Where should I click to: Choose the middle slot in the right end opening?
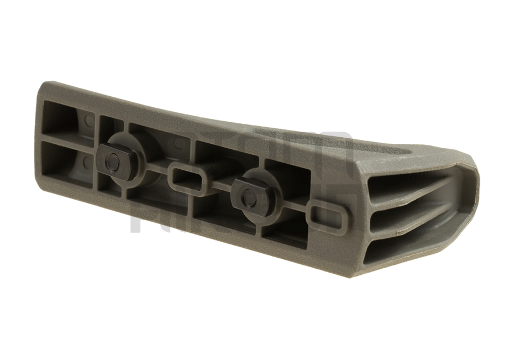click(412, 207)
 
